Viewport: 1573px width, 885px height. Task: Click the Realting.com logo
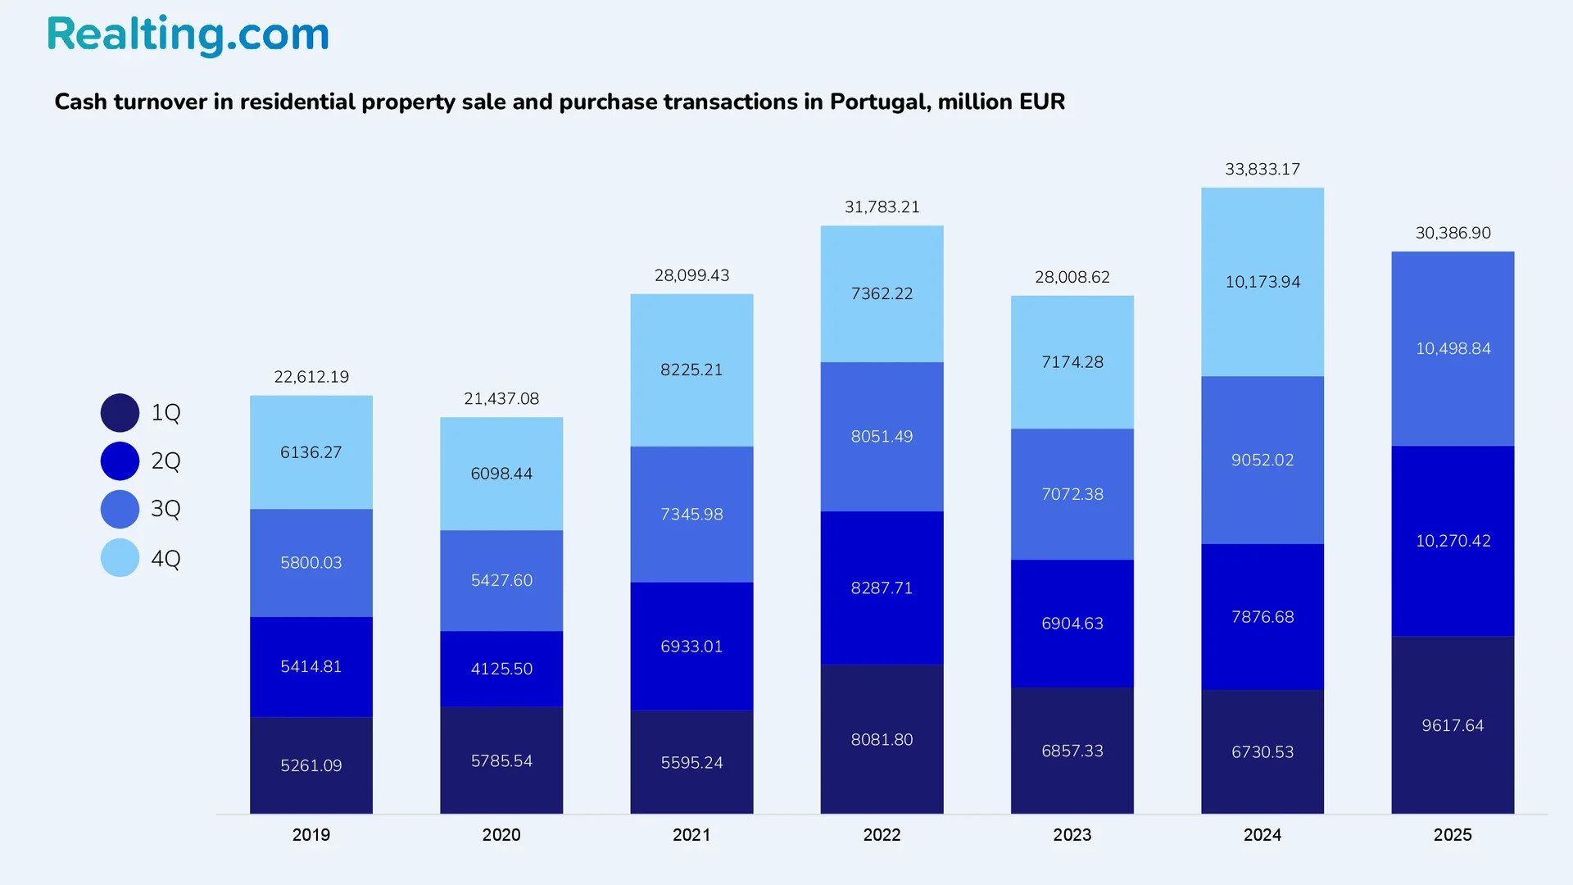[188, 35]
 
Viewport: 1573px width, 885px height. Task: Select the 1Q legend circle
[120, 413]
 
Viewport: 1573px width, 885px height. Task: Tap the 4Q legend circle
[120, 558]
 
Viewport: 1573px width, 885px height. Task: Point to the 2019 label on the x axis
[311, 835]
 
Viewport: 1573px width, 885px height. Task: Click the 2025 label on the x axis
[1453, 835]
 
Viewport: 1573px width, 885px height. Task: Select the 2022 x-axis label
[882, 835]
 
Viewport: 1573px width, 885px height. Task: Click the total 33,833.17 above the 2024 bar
[1262, 170]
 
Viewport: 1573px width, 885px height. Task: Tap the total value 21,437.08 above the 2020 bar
[501, 399]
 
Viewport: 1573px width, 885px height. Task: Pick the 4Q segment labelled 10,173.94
[1262, 282]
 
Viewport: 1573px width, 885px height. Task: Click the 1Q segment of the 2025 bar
[1453, 725]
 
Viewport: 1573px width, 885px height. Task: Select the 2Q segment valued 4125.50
[501, 669]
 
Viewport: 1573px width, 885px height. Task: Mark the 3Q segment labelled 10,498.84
[1453, 348]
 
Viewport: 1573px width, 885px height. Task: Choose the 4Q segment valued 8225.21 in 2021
[691, 370]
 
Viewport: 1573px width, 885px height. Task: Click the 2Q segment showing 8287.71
[882, 588]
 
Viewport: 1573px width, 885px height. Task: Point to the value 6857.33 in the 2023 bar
[1072, 751]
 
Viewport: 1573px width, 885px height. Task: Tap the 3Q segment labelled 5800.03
[311, 563]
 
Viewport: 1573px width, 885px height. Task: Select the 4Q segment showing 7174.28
[1072, 362]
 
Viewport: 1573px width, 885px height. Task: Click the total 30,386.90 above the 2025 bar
[1453, 233]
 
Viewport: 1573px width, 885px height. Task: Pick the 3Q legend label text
[165, 509]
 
